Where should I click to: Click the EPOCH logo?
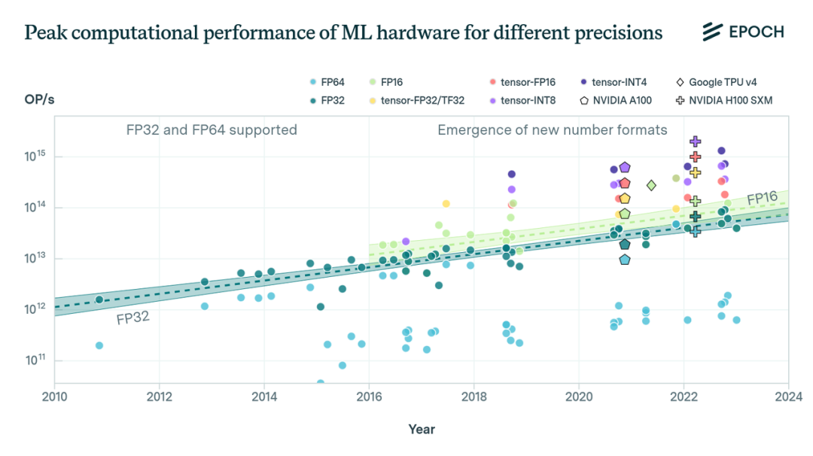click(743, 32)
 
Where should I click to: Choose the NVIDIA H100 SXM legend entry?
click(723, 99)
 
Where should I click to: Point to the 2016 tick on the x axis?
click(368, 396)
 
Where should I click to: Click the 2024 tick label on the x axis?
click(788, 396)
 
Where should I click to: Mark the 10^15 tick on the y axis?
click(35, 156)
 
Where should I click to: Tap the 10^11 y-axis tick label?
click(35, 360)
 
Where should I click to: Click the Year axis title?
click(422, 429)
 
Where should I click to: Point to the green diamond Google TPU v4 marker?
click(651, 185)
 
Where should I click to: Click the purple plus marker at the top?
click(696, 141)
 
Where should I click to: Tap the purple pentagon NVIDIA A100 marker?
click(624, 167)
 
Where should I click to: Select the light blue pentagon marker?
click(624, 260)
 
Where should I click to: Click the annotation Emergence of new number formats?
click(552, 130)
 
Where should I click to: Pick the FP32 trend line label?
click(132, 318)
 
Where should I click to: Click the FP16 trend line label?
click(762, 199)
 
